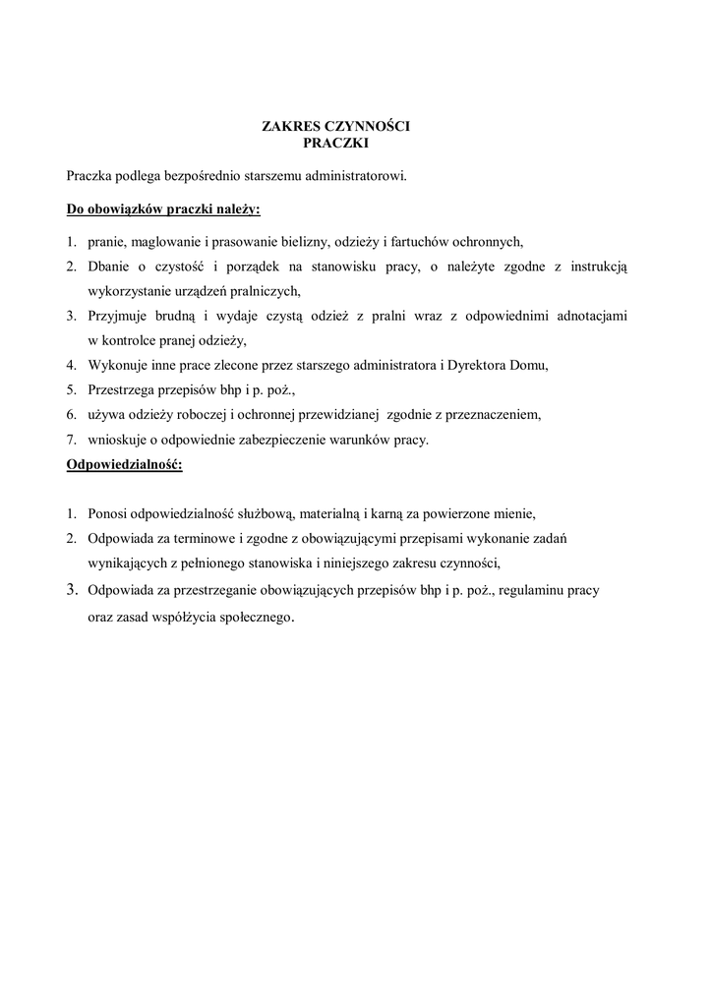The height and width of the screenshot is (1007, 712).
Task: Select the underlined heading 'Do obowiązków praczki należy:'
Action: (163, 209)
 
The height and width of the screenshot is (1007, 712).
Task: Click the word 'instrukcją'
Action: (600, 267)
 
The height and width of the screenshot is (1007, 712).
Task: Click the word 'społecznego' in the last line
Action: (253, 618)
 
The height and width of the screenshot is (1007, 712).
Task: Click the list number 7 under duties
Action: (71, 439)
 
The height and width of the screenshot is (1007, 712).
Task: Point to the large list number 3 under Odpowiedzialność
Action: (72, 590)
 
